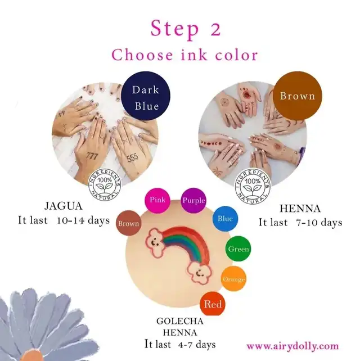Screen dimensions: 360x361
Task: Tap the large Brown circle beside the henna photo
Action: tap(297, 96)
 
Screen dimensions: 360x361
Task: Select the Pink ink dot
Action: tap(157, 200)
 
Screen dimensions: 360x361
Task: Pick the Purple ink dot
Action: tap(193, 200)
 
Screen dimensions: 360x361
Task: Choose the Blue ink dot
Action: tap(225, 219)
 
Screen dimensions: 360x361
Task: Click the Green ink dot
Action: tap(238, 249)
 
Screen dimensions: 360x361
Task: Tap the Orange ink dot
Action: tap(233, 279)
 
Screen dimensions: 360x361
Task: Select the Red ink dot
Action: tap(213, 304)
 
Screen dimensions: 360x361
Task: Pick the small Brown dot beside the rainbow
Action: tap(128, 223)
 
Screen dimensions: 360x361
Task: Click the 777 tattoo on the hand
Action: tap(92, 156)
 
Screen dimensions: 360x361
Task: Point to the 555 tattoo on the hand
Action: tap(133, 157)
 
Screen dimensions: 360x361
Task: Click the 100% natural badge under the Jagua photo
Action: tap(105, 184)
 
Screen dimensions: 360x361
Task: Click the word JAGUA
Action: tap(64, 206)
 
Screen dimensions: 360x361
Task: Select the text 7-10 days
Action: tap(319, 223)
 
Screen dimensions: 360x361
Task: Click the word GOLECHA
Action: tap(179, 321)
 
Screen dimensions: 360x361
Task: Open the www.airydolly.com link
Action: tap(292, 346)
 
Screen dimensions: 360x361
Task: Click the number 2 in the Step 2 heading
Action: tap(215, 29)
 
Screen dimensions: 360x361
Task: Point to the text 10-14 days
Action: tap(83, 220)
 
